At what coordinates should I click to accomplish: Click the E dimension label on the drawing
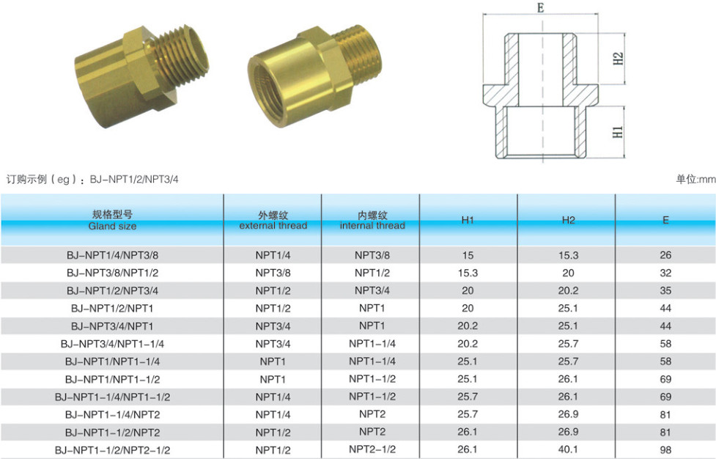coord(541,8)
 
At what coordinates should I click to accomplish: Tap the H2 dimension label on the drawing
coord(618,59)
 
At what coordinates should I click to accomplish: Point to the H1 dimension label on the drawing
coord(617,132)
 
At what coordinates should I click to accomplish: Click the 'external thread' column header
coord(273,226)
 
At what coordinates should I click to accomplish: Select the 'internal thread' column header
coord(372,226)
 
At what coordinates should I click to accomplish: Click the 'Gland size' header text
coord(112,226)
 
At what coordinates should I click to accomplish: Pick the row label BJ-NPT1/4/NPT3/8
coord(112,255)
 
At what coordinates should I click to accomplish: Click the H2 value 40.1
coord(568,450)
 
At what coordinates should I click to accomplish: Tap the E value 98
coord(665,450)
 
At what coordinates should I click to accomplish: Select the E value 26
coord(665,255)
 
